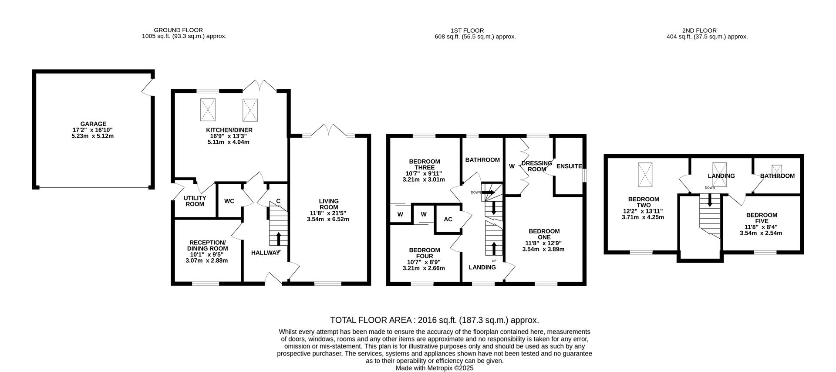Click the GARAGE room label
click(93, 124)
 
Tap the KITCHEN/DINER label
click(229, 130)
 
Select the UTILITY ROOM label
click(195, 201)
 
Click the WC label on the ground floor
click(229, 201)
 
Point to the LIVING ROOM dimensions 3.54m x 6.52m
click(327, 219)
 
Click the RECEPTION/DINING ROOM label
click(207, 246)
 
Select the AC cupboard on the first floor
click(448, 219)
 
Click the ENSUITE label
click(569, 166)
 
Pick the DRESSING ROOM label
click(536, 166)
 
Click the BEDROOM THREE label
click(424, 165)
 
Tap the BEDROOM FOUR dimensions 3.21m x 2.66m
click(424, 268)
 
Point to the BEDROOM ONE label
click(544, 234)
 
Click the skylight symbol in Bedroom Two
click(645, 175)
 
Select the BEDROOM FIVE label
click(761, 218)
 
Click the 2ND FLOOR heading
click(699, 30)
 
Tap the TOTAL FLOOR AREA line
click(434, 320)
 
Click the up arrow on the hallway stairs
click(278, 239)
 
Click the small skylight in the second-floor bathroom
click(777, 169)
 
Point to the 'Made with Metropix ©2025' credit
click(434, 368)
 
